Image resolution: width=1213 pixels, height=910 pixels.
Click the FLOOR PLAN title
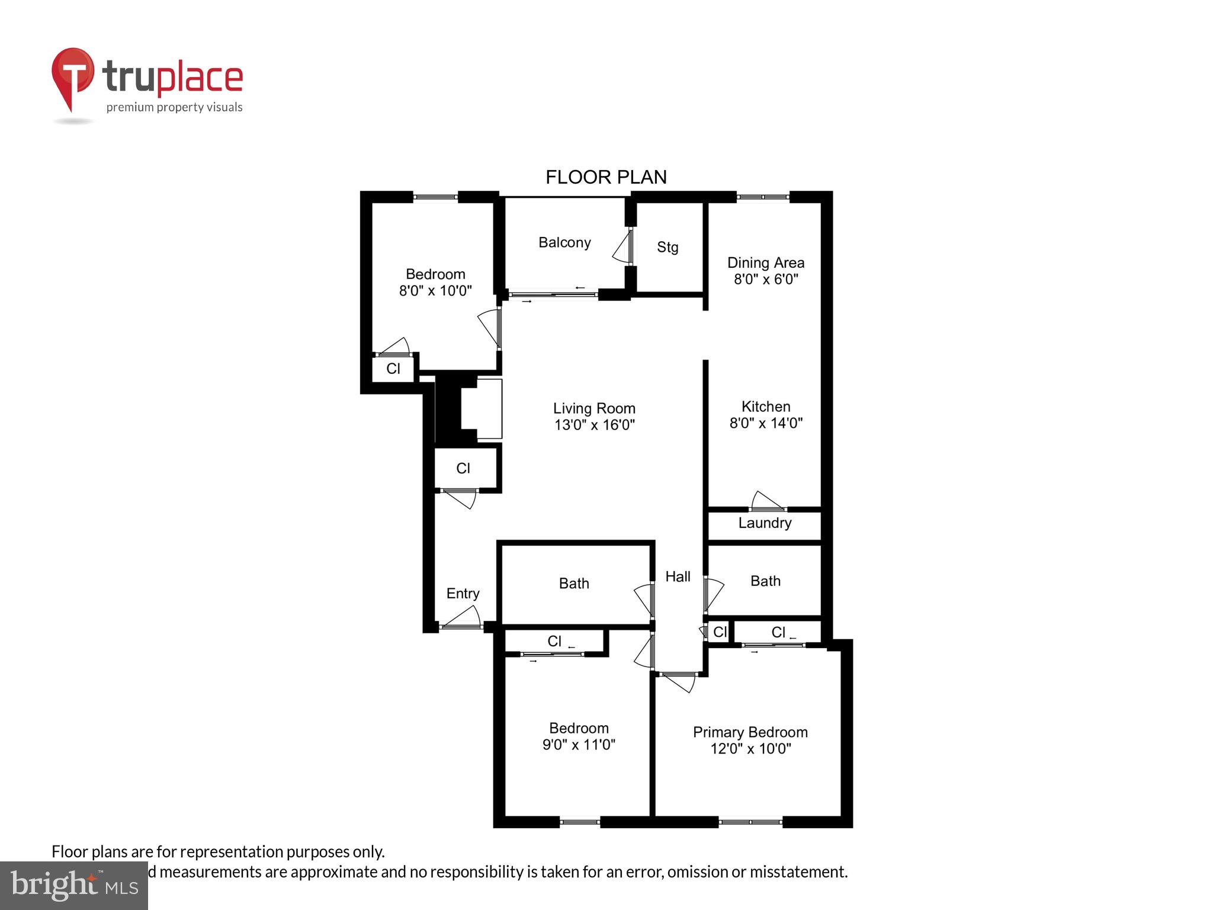pos(605,177)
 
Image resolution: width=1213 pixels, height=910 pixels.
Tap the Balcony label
pos(564,242)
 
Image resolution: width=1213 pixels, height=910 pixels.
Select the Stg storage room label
pos(667,247)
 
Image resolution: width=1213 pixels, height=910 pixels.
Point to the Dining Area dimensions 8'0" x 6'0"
pos(766,279)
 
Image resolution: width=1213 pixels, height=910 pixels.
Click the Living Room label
pos(593,408)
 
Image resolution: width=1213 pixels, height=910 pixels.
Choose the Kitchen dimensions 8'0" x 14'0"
pos(765,423)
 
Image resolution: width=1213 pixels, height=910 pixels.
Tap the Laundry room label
pos(764,523)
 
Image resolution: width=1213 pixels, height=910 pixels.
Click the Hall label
pos(678,576)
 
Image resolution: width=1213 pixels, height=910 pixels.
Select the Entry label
pos(463,593)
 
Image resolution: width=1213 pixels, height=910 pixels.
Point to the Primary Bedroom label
pos(750,732)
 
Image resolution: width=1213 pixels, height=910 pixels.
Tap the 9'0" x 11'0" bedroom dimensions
pos(579,745)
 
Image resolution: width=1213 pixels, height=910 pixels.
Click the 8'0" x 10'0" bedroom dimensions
pos(435,291)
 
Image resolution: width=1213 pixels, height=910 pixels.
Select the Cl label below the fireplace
pos(463,469)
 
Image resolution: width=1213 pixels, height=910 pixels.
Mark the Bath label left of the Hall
pos(573,584)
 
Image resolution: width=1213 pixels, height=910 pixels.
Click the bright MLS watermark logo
pos(74,885)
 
